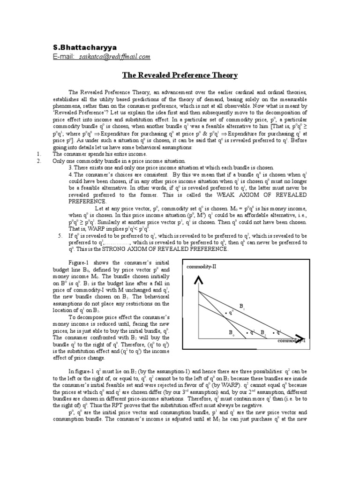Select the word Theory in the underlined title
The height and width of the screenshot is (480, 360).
(x=223, y=75)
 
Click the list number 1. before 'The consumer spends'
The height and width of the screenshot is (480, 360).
(x=39, y=154)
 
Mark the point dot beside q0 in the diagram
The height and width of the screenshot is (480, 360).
(x=225, y=313)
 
